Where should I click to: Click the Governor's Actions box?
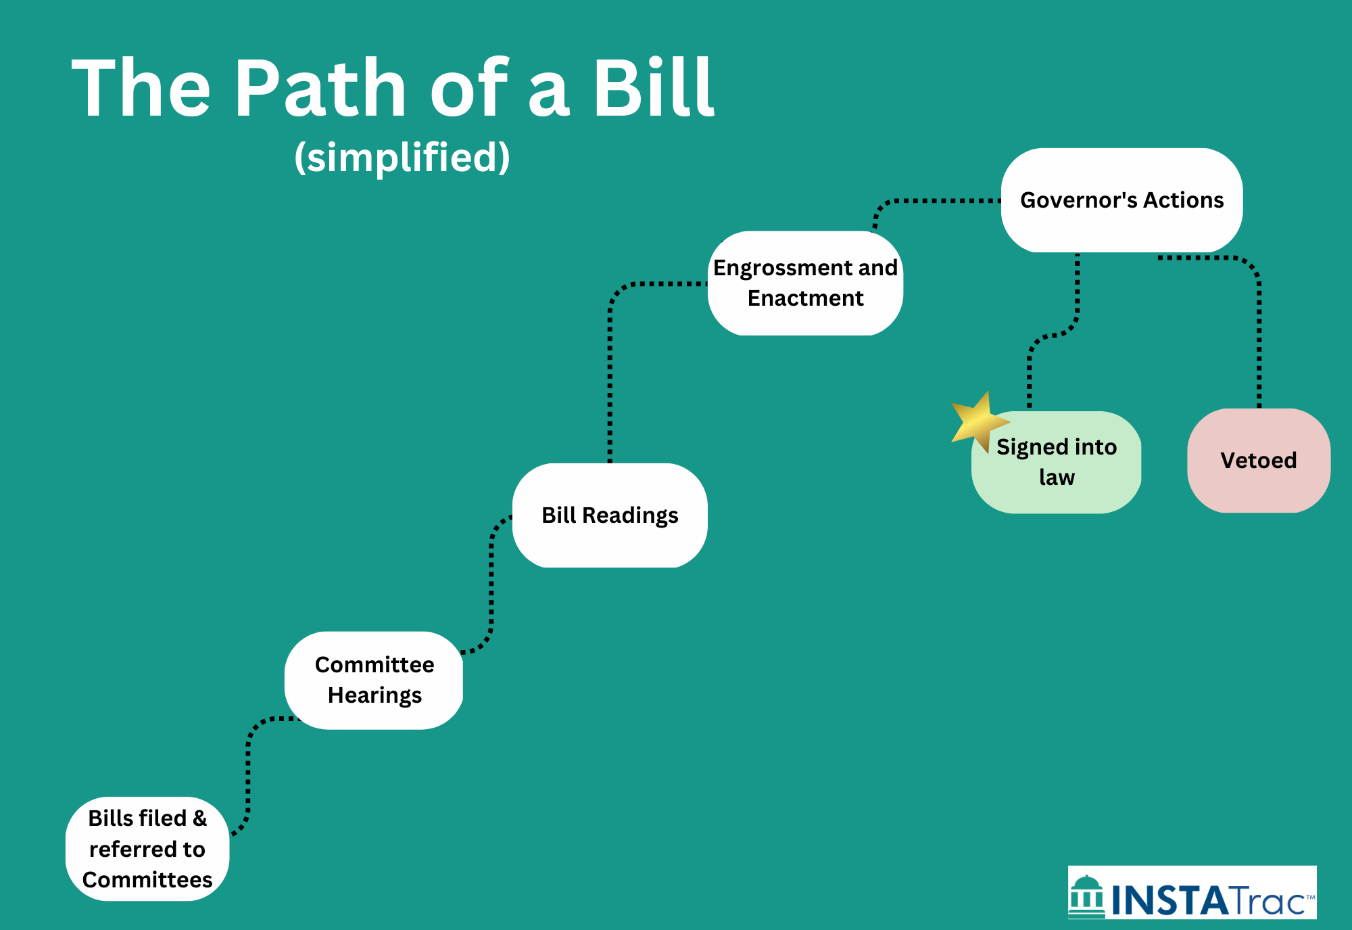pos(1121,200)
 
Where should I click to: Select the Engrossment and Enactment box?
pos(805,283)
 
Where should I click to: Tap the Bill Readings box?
pos(610,515)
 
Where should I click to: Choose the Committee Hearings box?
pos(374,680)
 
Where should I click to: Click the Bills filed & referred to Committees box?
pos(147,849)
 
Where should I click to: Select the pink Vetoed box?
pos(1258,461)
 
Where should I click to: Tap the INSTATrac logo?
pos(1192,893)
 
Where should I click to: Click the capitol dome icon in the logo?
pos(1086,894)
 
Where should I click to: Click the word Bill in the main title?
pos(653,88)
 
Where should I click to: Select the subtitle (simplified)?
pos(402,157)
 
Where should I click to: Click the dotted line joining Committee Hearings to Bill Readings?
pos(491,582)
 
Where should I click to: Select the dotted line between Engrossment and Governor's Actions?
pos(940,201)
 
